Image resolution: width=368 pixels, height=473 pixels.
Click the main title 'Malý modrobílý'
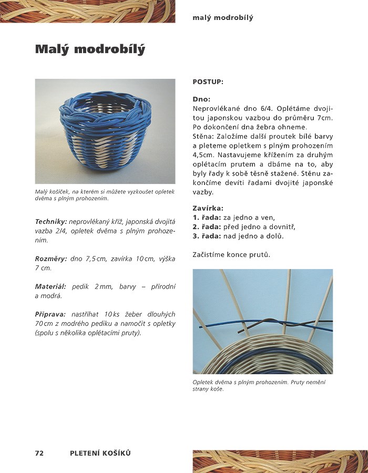point(90,49)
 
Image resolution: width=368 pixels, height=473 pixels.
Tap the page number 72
point(39,453)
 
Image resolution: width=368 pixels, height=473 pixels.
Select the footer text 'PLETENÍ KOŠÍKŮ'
point(100,453)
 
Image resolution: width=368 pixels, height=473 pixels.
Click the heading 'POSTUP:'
point(208,82)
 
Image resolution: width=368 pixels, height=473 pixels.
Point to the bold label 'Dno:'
point(201,99)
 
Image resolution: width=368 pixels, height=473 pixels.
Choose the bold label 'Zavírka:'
point(208,208)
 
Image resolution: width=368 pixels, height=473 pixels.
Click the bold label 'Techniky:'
point(51,221)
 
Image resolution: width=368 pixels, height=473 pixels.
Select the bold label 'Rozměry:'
point(51,259)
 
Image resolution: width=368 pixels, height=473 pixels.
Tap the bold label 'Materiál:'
point(50,286)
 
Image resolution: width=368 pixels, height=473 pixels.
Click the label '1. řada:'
point(208,218)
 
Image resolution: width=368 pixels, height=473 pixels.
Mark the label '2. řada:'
point(208,227)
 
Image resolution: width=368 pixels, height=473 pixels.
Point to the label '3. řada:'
point(208,236)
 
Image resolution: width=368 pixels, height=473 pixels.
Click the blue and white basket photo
point(105,131)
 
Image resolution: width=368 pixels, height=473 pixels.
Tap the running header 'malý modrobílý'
point(223,18)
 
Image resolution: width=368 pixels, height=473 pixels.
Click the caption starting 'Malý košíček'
point(105,195)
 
